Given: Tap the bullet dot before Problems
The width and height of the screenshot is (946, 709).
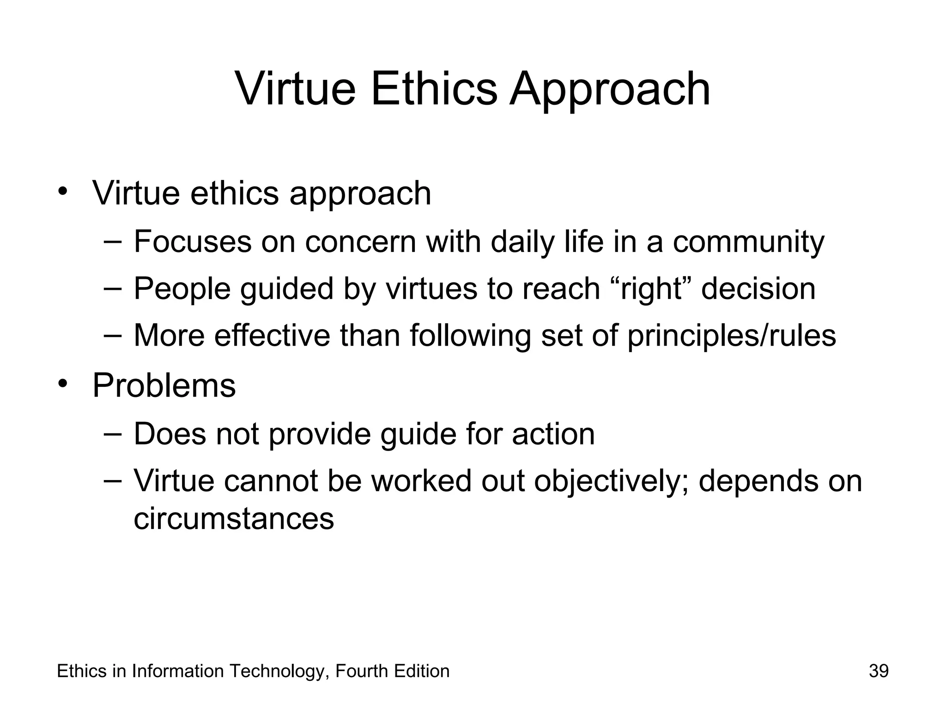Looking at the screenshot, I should (x=63, y=384).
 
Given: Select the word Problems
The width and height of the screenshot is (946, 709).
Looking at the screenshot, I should (x=164, y=385).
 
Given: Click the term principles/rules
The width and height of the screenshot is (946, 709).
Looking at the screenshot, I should (x=731, y=335).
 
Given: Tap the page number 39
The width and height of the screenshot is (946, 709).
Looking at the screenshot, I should (x=878, y=671).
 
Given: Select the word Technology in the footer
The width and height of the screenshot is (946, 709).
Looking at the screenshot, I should (x=279, y=671).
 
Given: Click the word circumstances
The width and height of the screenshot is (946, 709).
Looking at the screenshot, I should (x=234, y=518).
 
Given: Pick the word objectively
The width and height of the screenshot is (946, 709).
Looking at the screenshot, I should (x=612, y=481).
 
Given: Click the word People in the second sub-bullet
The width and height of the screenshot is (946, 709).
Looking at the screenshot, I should (x=182, y=288).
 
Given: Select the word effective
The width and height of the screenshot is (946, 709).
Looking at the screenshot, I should (x=273, y=335).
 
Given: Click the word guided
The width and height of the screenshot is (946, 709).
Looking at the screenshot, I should (x=286, y=288).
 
